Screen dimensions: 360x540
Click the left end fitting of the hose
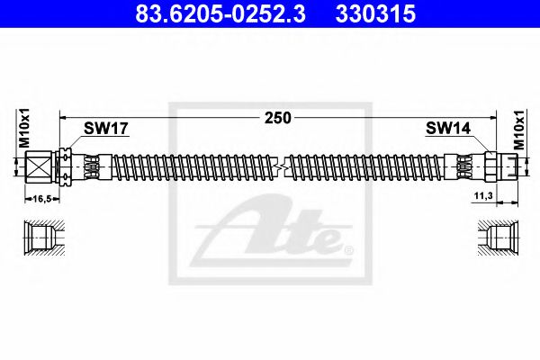38,166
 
